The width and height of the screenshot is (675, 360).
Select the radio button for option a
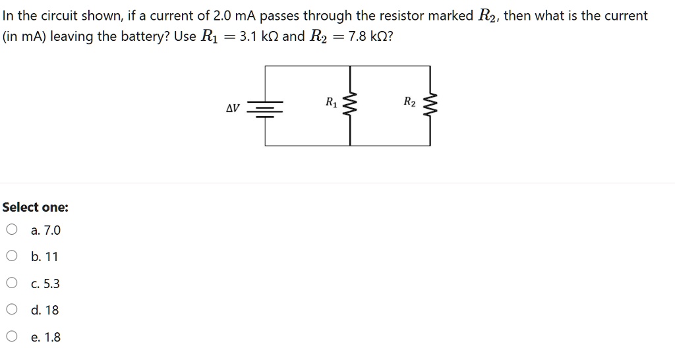[x=12, y=230]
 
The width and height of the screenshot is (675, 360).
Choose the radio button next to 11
[x=12, y=256]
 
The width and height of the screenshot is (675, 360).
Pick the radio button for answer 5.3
[x=12, y=284]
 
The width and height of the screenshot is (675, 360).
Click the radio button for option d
[x=12, y=310]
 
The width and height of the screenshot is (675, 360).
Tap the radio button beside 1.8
[x=12, y=337]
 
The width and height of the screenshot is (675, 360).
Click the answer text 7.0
[x=51, y=230]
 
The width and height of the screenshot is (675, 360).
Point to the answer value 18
[x=51, y=310]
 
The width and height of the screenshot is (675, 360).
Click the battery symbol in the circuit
[x=265, y=107]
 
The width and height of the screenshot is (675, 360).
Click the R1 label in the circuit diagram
[x=331, y=102]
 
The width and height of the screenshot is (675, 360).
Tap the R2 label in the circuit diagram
[x=409, y=102]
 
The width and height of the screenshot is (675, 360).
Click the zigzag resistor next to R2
[x=431, y=105]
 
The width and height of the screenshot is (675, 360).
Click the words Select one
[x=35, y=207]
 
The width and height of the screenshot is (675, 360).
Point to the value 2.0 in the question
[x=222, y=15]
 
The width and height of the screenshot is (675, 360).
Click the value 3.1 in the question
[x=248, y=36]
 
